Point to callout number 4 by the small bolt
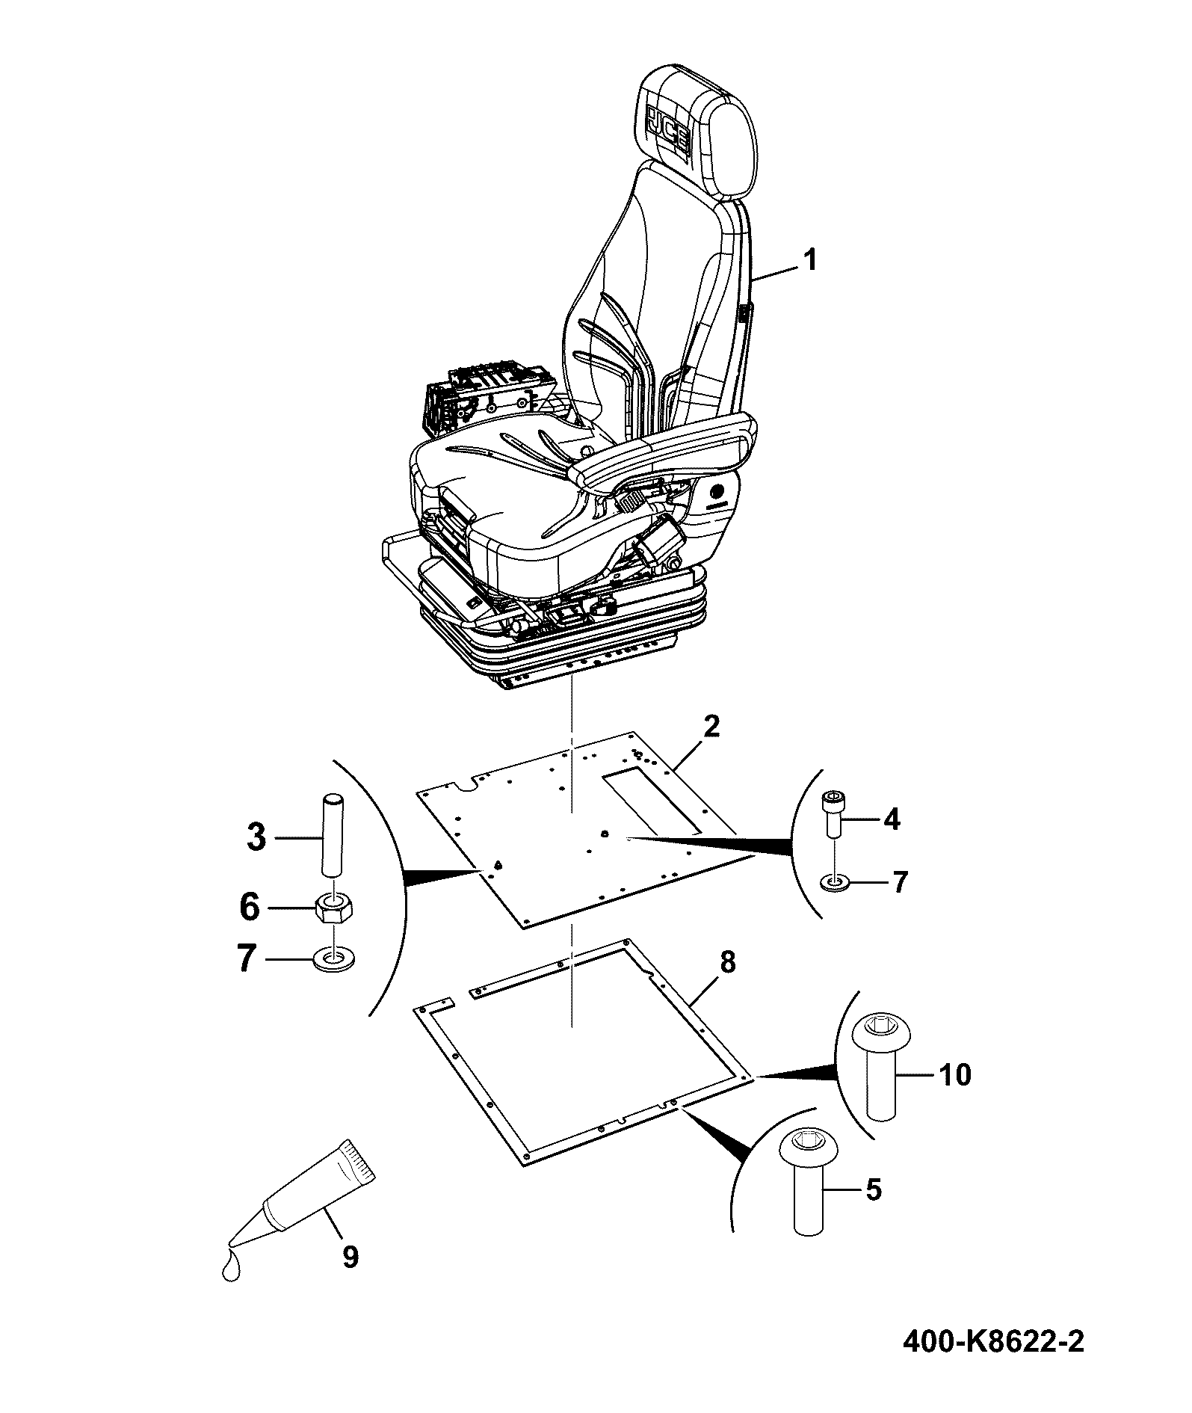(892, 820)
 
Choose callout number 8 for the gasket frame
(728, 962)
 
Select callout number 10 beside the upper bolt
(953, 1075)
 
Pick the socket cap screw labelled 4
(832, 816)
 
